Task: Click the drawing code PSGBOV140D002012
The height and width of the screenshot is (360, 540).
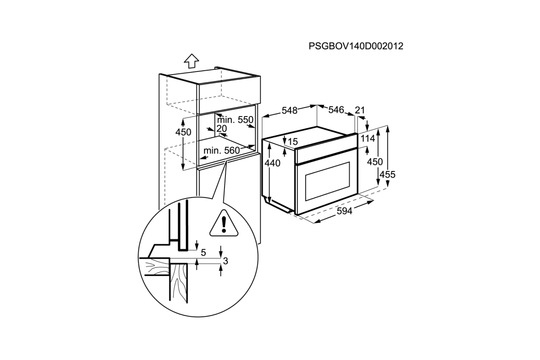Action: coord(355,46)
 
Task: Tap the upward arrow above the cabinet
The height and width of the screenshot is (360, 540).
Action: coord(191,61)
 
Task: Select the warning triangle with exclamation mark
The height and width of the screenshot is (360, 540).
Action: coord(224,223)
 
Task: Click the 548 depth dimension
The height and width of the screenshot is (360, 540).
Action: coord(289,111)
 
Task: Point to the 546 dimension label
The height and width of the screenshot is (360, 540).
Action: coord(336,110)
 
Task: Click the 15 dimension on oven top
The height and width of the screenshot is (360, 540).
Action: coord(292,142)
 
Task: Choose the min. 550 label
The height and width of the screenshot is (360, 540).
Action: coord(235,121)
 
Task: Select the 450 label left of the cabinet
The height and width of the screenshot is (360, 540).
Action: coord(183,132)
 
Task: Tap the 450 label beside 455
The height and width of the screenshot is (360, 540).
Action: coord(374,162)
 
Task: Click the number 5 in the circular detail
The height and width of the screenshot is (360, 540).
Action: coord(203,253)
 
